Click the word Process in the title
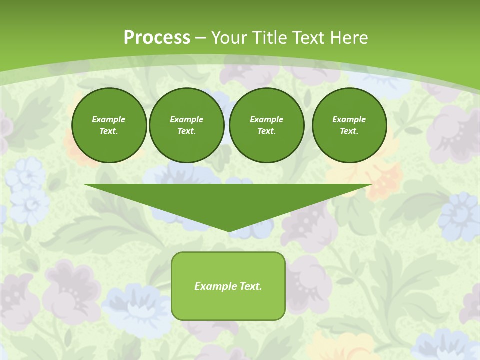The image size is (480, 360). [x=157, y=37]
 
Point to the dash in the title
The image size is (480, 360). [x=200, y=38]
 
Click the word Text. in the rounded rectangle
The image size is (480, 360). [x=251, y=286]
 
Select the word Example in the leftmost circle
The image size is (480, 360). [x=109, y=119]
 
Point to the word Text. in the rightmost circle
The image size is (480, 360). [x=349, y=131]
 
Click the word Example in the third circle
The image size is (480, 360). [x=266, y=119]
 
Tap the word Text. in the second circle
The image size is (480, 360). [x=186, y=131]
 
